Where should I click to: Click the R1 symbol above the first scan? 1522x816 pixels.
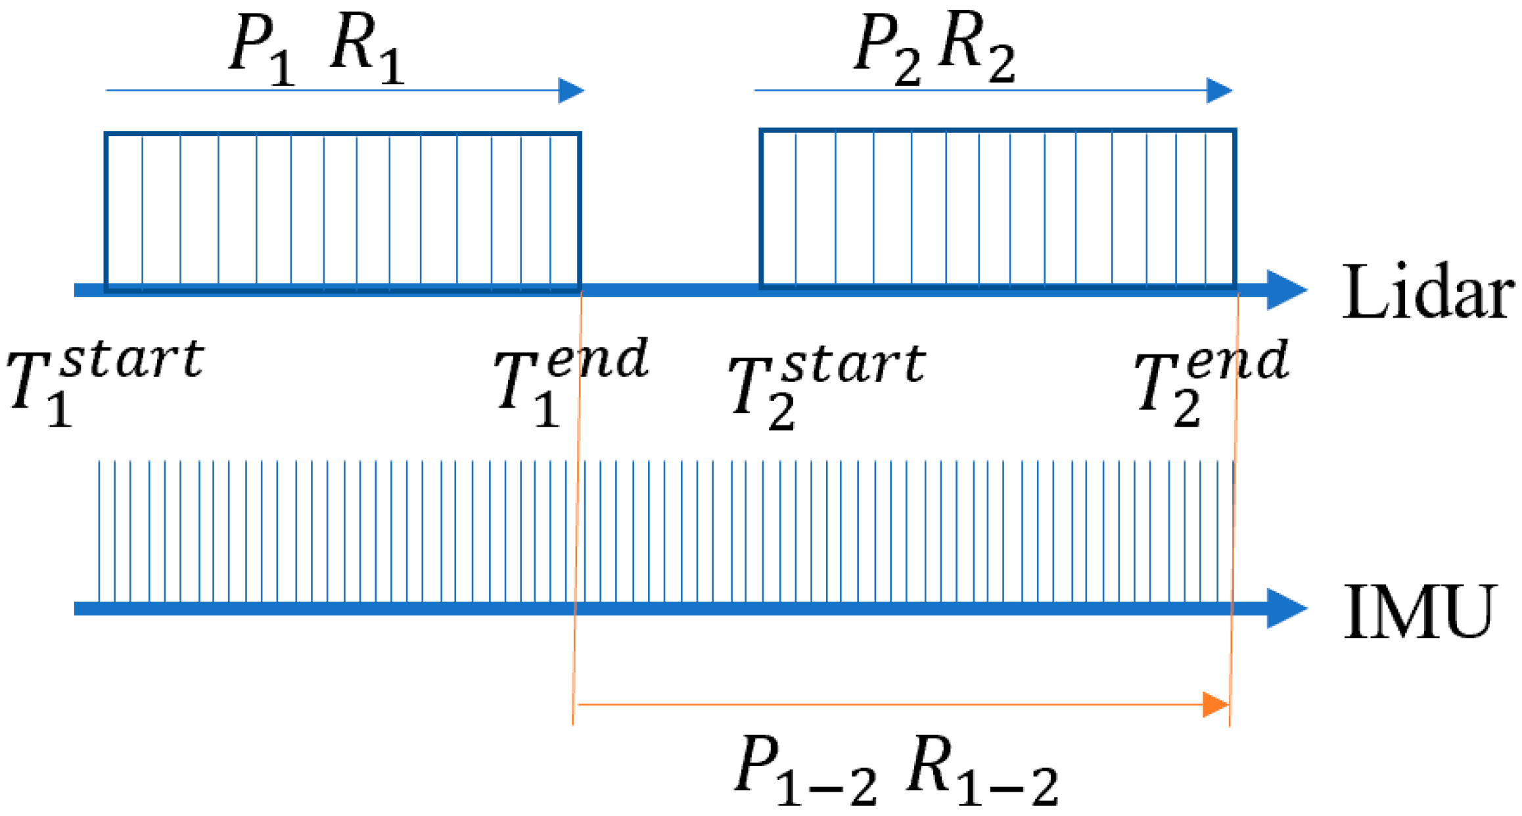(365, 49)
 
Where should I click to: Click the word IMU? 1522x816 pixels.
(1419, 612)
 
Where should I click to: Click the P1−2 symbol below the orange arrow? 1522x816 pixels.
(805, 769)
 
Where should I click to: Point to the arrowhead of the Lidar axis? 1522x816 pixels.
(1286, 289)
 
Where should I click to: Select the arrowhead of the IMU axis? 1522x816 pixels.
(1286, 608)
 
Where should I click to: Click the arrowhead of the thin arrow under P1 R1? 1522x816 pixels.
(570, 90)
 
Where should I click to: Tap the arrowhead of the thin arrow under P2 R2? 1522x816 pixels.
(1219, 90)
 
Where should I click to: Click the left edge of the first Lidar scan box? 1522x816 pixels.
(106, 210)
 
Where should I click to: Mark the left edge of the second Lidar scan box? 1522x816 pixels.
(761, 209)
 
